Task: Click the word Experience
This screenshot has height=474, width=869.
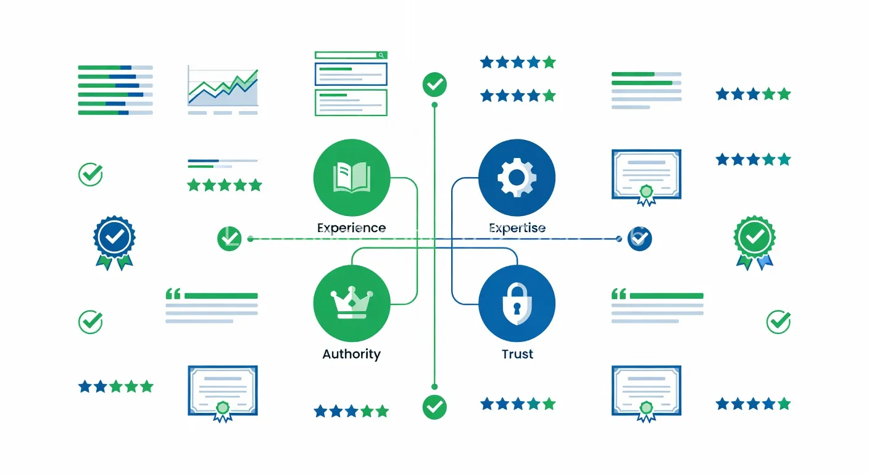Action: click(351, 228)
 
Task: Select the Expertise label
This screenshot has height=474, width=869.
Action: click(517, 228)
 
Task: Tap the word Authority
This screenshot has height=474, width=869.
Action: click(351, 354)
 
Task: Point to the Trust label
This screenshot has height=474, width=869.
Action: click(517, 354)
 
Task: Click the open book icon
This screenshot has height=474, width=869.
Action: click(351, 178)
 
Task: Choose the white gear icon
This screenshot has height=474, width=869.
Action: click(517, 178)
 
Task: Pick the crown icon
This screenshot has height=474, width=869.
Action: click(351, 302)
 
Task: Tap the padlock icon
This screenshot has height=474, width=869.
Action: click(517, 303)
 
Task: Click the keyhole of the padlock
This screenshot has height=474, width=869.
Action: click(517, 309)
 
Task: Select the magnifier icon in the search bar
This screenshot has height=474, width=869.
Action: click(381, 56)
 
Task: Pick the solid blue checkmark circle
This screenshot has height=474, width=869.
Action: click(640, 239)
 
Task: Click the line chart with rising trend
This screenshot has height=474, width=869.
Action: click(223, 90)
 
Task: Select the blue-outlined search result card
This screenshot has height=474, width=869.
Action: click(351, 74)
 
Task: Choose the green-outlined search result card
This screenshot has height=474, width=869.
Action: click(351, 102)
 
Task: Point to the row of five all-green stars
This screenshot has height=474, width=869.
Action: click(225, 185)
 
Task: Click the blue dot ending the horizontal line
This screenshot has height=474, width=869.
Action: click(619, 239)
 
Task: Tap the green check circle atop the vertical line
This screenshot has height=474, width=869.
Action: click(434, 85)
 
